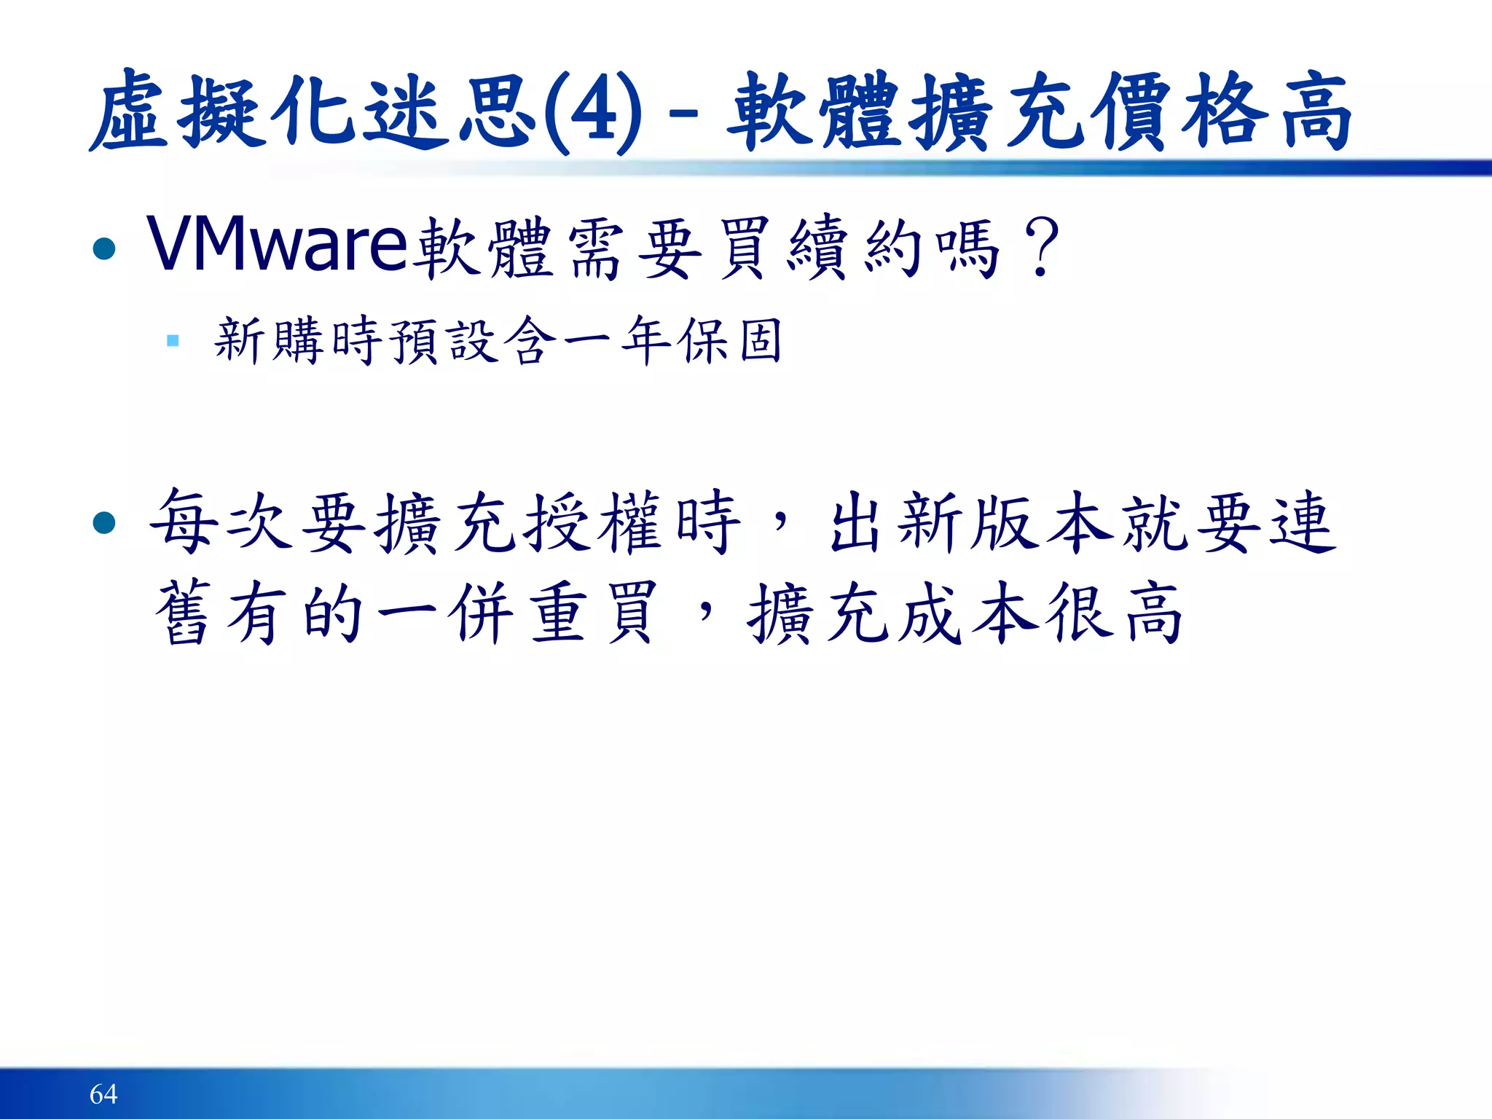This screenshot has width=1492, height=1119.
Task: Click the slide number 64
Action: pyautogui.click(x=103, y=1094)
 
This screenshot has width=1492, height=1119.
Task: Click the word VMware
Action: pyautogui.click(x=277, y=245)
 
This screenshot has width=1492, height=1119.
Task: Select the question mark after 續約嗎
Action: pyautogui.click(x=1041, y=248)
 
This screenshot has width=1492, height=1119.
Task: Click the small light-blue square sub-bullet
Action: pyautogui.click(x=173, y=340)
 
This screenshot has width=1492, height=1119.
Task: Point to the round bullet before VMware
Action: pyautogui.click(x=105, y=249)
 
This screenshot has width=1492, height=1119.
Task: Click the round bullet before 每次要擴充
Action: pyautogui.click(x=105, y=522)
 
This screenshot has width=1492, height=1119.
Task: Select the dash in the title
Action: pyautogui.click(x=682, y=115)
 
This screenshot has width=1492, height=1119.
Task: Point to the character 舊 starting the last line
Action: pyautogui.click(x=182, y=613)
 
